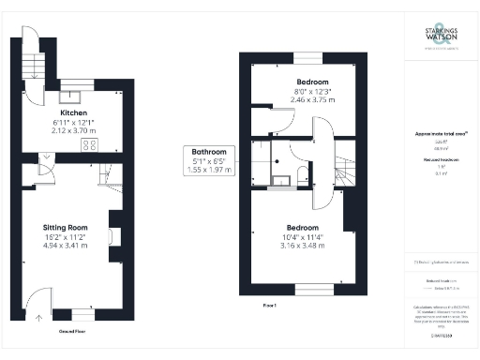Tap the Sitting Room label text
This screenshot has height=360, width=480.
66,227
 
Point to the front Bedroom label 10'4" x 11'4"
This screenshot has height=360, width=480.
303,228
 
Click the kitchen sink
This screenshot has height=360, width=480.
72,95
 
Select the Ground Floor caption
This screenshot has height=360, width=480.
74,331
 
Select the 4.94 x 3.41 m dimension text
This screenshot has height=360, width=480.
66,247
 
